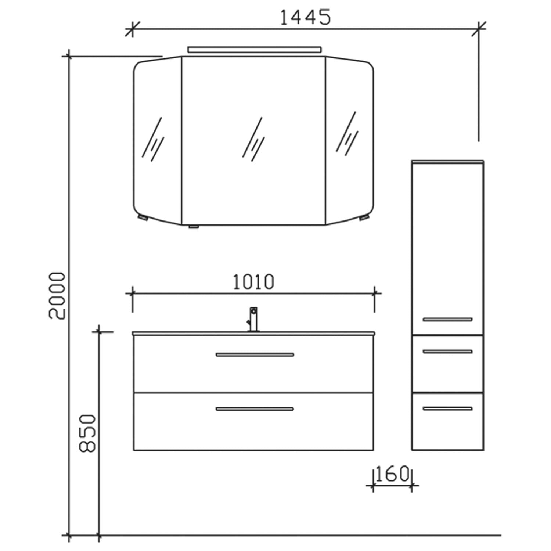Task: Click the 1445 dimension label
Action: pyautogui.click(x=305, y=17)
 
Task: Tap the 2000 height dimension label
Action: pyautogui.click(x=57, y=296)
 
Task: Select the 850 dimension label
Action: pyautogui.click(x=87, y=433)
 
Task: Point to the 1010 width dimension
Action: pyautogui.click(x=254, y=282)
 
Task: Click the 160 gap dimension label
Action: pyautogui.click(x=392, y=474)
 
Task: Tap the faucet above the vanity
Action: pyautogui.click(x=253, y=320)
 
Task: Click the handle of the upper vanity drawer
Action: pyautogui.click(x=255, y=354)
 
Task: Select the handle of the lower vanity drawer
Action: pyautogui.click(x=255, y=409)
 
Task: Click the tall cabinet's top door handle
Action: pyautogui.click(x=447, y=320)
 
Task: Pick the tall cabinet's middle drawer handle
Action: pyautogui.click(x=447, y=352)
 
